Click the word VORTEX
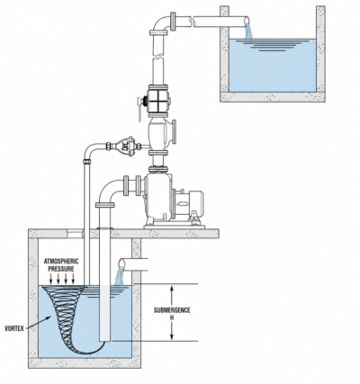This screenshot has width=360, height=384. point(14,328)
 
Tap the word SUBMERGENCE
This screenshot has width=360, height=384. point(172,310)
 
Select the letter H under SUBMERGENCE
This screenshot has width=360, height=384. point(172,318)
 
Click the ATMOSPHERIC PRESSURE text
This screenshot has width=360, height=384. point(61,265)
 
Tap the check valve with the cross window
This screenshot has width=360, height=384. point(158,101)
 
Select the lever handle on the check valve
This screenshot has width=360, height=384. point(139,110)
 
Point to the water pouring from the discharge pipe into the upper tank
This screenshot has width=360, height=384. point(248,31)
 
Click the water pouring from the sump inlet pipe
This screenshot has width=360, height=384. point(120,275)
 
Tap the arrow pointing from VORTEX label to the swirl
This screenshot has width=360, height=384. point(39,323)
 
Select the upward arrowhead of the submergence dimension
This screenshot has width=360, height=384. point(172,289)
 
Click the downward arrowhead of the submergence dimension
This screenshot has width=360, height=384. point(172,337)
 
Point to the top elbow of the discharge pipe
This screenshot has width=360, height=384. point(161,23)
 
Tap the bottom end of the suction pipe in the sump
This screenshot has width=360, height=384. point(105,339)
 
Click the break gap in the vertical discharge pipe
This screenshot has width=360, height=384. point(158,56)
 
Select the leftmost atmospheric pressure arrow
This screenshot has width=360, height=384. point(51,279)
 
